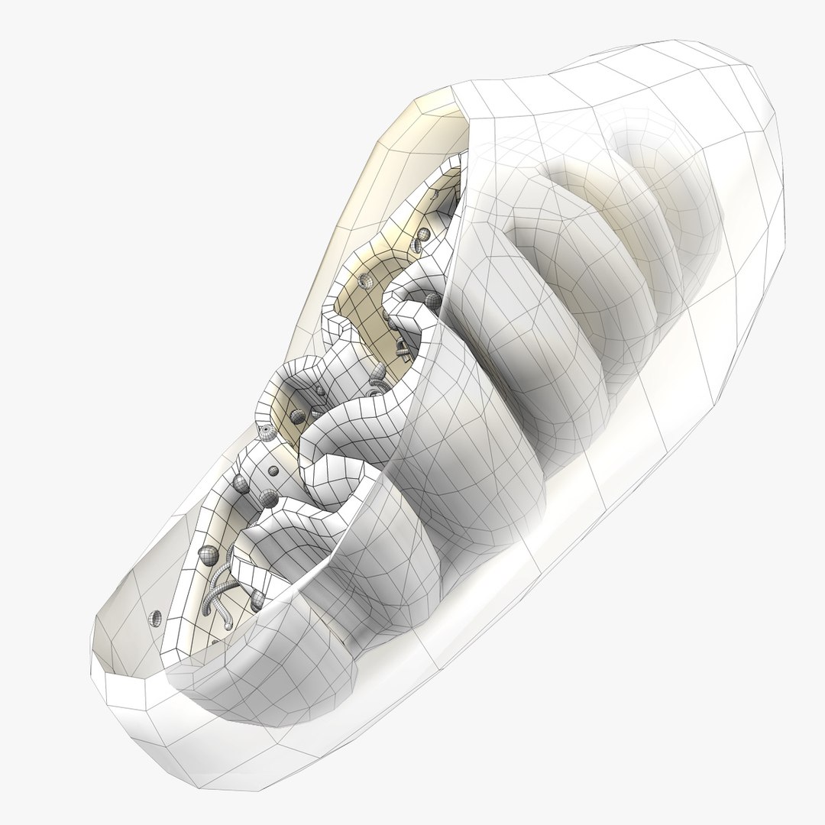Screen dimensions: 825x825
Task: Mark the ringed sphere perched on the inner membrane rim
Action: (267, 432)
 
